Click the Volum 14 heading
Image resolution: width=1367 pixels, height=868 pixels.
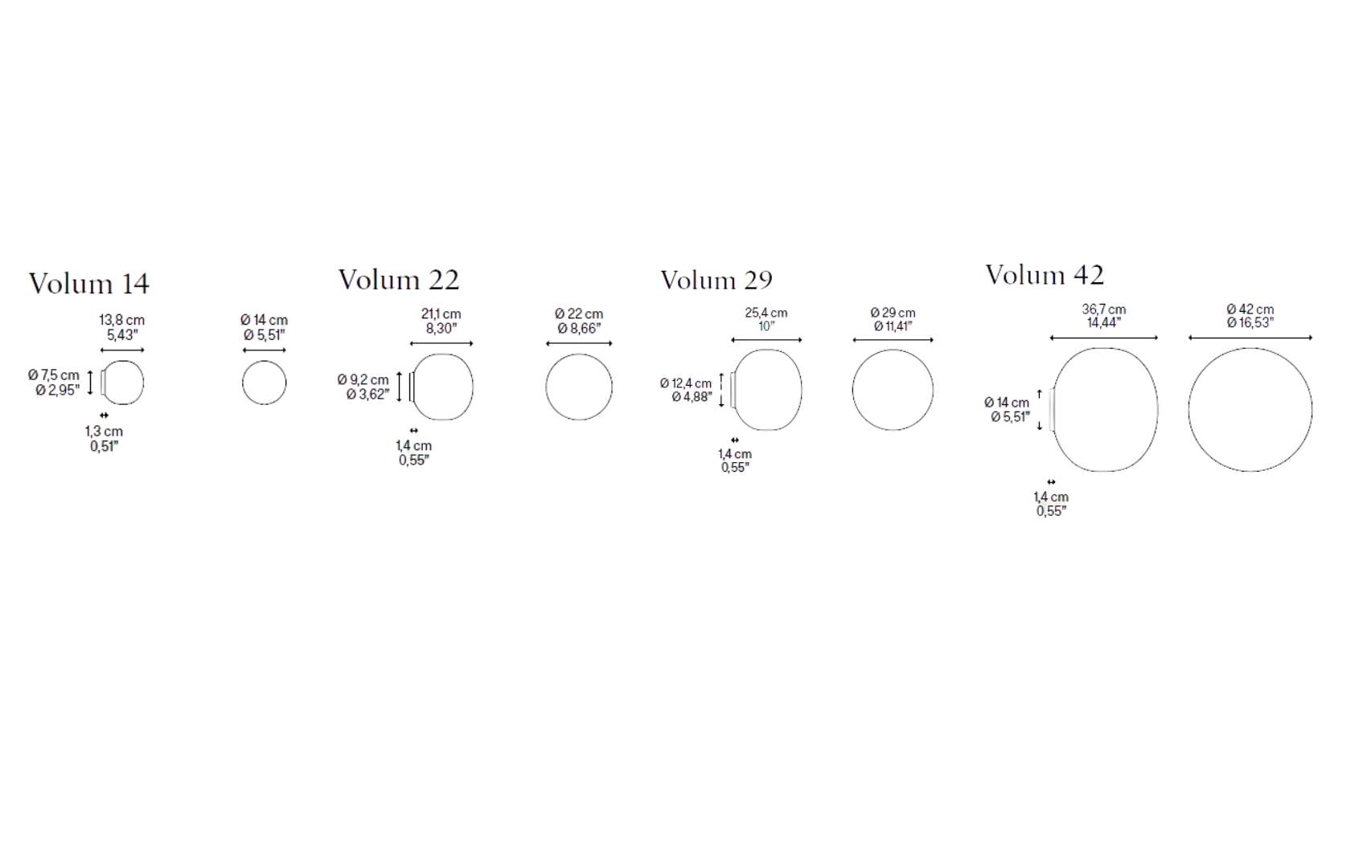(89, 284)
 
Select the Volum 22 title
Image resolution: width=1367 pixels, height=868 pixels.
(399, 280)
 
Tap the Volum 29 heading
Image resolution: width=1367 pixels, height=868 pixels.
(716, 280)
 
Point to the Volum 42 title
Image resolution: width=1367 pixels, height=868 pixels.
(1045, 275)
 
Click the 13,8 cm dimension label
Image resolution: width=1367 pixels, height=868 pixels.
(122, 320)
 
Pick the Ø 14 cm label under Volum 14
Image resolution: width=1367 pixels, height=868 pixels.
(264, 320)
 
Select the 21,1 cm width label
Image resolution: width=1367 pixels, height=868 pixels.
(441, 314)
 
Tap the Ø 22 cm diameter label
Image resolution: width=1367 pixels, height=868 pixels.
(578, 314)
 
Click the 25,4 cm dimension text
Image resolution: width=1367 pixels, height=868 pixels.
(766, 313)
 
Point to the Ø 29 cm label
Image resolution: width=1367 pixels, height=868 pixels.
(893, 313)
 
